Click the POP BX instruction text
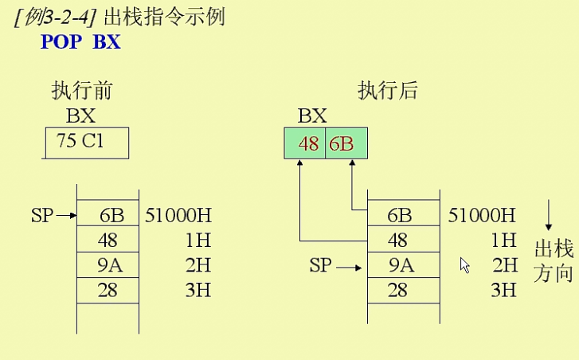(x=80, y=41)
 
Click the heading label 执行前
(x=81, y=90)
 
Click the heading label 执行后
(x=389, y=90)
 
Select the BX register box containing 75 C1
(x=86, y=143)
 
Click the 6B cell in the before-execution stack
(x=108, y=215)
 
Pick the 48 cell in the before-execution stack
(x=108, y=240)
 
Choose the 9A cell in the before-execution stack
(x=108, y=265)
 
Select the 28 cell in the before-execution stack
(x=108, y=290)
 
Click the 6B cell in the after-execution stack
(x=402, y=215)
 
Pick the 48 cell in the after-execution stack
(x=402, y=240)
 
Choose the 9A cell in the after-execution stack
(x=402, y=265)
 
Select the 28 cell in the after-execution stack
(x=402, y=290)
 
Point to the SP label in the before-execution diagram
(x=41, y=215)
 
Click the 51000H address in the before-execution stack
(x=178, y=215)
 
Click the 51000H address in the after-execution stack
(x=483, y=215)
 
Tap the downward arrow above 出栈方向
(x=549, y=216)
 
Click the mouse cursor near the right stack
(x=465, y=265)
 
